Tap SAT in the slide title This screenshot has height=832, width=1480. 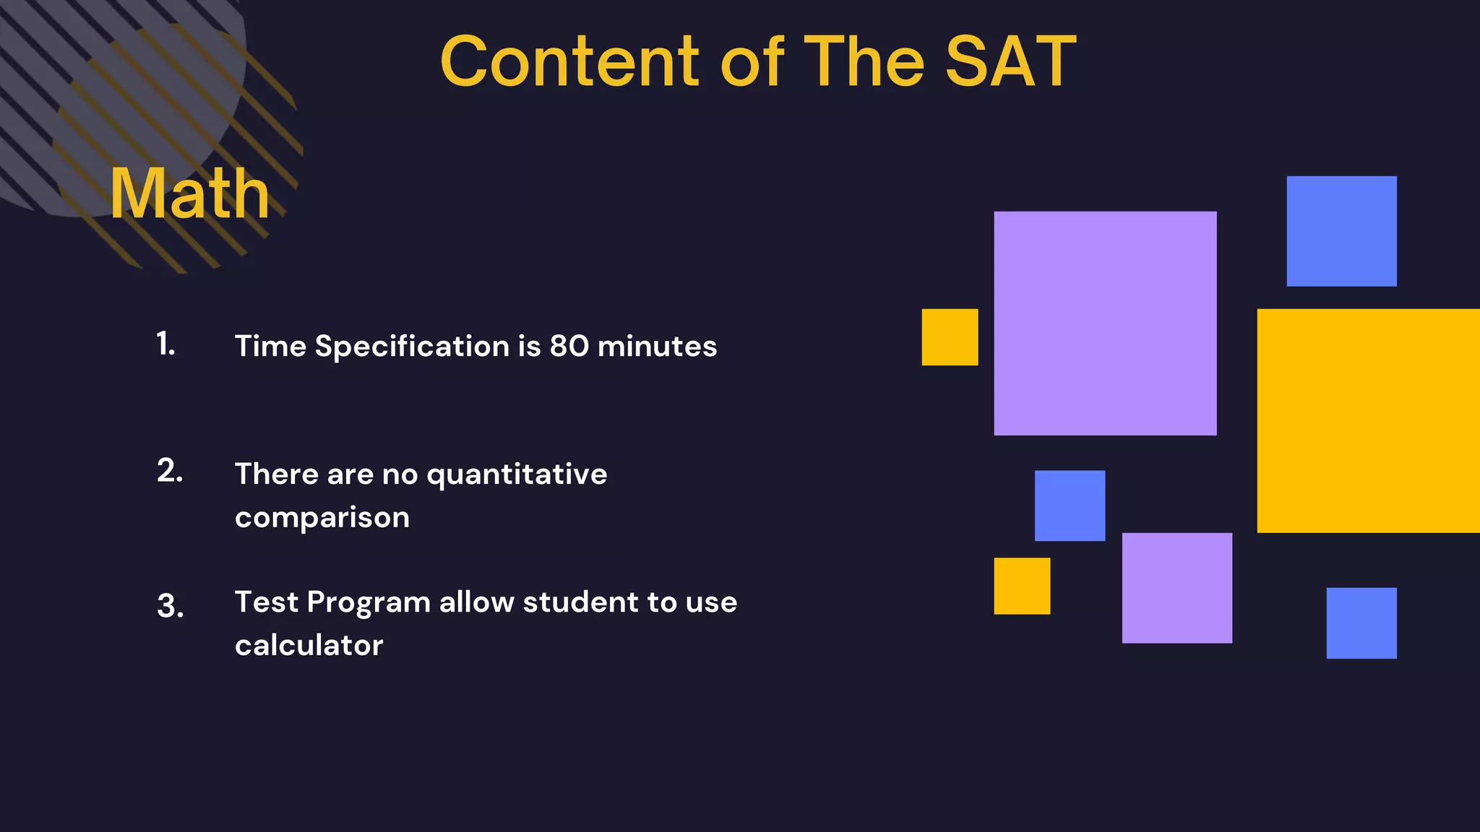(1010, 62)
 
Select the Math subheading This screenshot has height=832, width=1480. (189, 194)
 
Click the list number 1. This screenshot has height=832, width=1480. (165, 344)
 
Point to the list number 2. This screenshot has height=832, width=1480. (170, 471)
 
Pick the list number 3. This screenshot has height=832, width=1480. (170, 605)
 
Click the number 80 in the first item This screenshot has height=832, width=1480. (569, 346)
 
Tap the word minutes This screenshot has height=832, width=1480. (657, 346)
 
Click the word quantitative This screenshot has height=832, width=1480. (517, 474)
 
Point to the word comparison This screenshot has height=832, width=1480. (322, 518)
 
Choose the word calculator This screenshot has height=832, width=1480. (309, 645)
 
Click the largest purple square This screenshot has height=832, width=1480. (1105, 323)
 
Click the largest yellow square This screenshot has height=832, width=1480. (1368, 420)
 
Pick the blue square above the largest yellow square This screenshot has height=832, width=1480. (1341, 231)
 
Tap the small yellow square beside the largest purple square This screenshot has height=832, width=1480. (950, 337)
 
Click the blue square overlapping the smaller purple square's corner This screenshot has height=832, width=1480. (1070, 506)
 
